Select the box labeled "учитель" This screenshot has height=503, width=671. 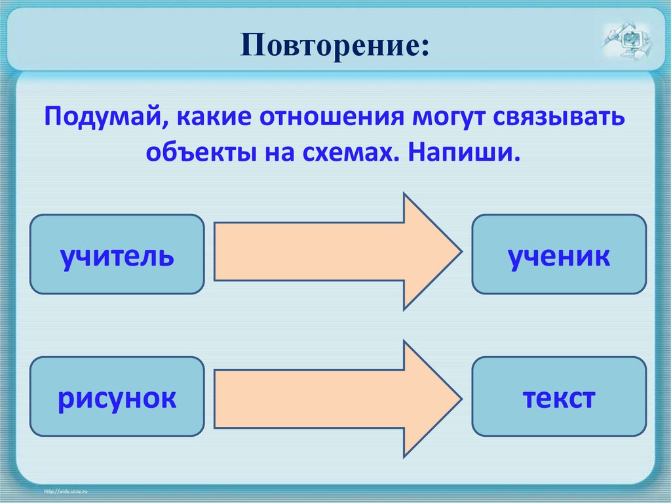pyautogui.click(x=117, y=254)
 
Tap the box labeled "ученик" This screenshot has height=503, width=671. pyautogui.click(x=559, y=254)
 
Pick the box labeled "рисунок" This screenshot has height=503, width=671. pyautogui.click(x=117, y=397)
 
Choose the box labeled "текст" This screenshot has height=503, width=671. pyautogui.click(x=559, y=397)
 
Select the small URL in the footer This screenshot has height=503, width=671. pyautogui.click(x=66, y=491)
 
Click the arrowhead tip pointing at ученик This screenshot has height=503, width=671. pyautogui.click(x=456, y=252)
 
